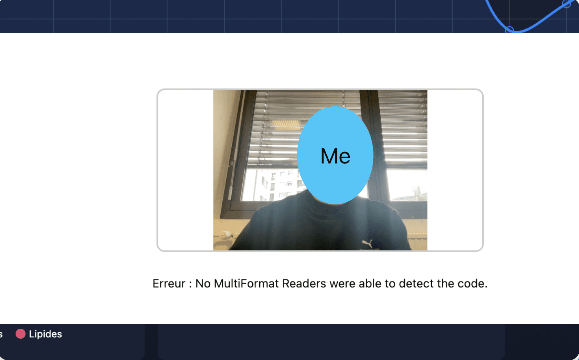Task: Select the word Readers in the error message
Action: pyautogui.click(x=304, y=284)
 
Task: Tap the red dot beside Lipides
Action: pyautogui.click(x=20, y=333)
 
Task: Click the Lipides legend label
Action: pyautogui.click(x=45, y=334)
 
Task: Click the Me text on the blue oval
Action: pyautogui.click(x=335, y=156)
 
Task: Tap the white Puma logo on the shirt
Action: pyautogui.click(x=367, y=243)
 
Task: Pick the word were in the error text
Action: pyautogui.click(x=342, y=284)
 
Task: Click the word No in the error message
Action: pyautogui.click(x=203, y=284)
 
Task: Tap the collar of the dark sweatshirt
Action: pyautogui.click(x=334, y=204)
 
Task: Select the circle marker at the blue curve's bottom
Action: pyautogui.click(x=510, y=29)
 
